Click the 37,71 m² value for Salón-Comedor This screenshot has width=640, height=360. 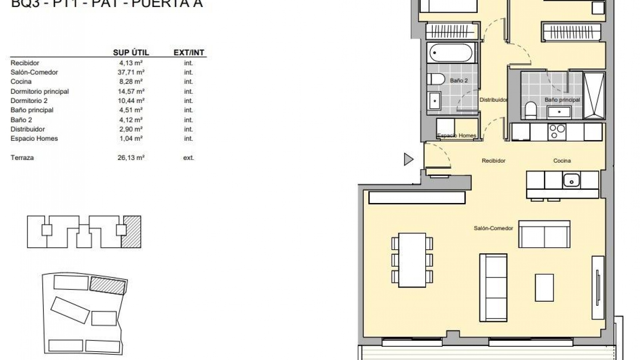pyautogui.click(x=131, y=72)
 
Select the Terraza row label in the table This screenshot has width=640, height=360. pyautogui.click(x=22, y=158)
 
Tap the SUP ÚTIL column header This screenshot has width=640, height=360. pyautogui.click(x=131, y=52)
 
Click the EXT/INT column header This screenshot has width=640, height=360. pyautogui.click(x=189, y=52)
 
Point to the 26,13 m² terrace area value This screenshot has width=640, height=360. pyautogui.click(x=131, y=158)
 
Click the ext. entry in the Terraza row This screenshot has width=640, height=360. pyautogui.click(x=188, y=158)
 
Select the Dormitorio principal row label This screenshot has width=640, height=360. pyautogui.click(x=40, y=91)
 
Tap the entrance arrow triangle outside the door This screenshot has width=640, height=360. pyautogui.click(x=408, y=159)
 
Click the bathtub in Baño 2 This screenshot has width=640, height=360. pyautogui.click(x=451, y=53)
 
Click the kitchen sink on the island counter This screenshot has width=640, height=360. pyautogui.click(x=571, y=180)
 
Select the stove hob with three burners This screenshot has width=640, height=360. pyautogui.click(x=556, y=131)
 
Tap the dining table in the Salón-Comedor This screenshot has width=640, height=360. pyautogui.click(x=412, y=260)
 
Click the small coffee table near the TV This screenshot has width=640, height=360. pyautogui.click(x=544, y=288)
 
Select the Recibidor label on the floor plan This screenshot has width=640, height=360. pyautogui.click(x=493, y=161)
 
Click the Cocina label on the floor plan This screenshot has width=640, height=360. pyautogui.click(x=562, y=161)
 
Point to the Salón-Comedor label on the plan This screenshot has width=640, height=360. pyautogui.click(x=493, y=228)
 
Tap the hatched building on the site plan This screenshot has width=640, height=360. pyautogui.click(x=107, y=285)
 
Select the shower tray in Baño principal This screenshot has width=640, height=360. pyautogui.click(x=594, y=95)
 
